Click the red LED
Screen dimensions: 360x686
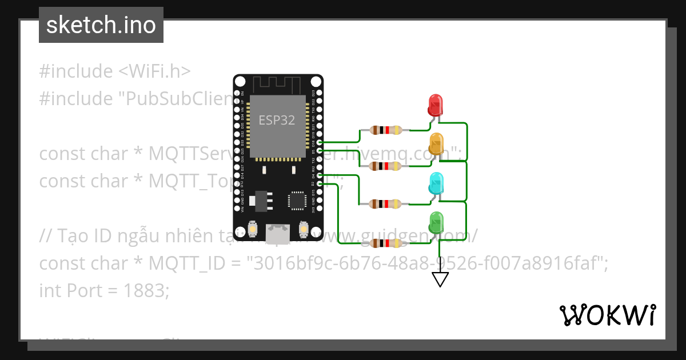[436, 105]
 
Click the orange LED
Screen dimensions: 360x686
[436, 143]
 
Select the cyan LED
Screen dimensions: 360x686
[436, 183]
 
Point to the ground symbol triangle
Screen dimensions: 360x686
[440, 279]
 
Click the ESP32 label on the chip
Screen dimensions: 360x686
[277, 121]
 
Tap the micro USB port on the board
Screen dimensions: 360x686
[278, 232]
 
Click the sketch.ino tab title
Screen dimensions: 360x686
[101, 26]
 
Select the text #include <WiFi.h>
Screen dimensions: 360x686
[115, 71]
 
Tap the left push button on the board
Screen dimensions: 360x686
[252, 230]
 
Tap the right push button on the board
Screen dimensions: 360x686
[303, 230]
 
